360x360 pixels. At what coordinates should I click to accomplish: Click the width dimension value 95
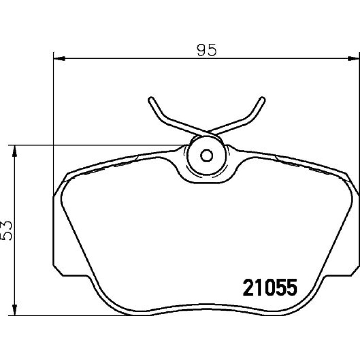point(207,50)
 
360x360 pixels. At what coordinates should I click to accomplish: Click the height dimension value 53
point(6,230)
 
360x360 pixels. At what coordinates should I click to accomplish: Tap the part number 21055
point(270,288)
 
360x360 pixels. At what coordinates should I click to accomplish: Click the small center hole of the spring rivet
point(206,156)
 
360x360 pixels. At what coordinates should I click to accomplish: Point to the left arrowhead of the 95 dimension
point(59,59)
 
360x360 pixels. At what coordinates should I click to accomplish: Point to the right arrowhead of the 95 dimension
point(354,59)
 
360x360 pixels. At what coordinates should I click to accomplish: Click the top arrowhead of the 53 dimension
point(14,151)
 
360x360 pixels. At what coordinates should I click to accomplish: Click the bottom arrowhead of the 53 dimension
point(14,310)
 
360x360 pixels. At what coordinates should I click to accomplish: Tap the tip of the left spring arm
point(150,99)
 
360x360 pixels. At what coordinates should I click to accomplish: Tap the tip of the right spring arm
point(263,99)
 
